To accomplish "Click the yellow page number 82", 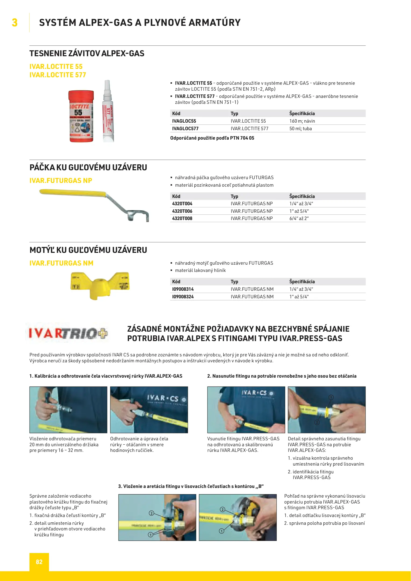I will pyautogui.click(x=39, y=562).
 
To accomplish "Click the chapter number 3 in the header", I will pyautogui.click(x=15, y=23).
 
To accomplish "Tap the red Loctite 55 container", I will pyautogui.click(x=81, y=116).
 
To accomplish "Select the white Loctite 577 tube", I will pyautogui.click(x=108, y=111).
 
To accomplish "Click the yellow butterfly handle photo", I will pyautogui.click(x=100, y=285).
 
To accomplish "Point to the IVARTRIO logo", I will pyautogui.click(x=68, y=334).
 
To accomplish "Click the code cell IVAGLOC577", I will pyautogui.click(x=185, y=129).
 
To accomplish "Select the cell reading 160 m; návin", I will pyautogui.click(x=302, y=121).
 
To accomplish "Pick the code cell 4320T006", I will pyautogui.click(x=182, y=211).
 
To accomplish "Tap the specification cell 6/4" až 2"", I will pyautogui.click(x=299, y=218).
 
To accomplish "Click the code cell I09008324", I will pyautogui.click(x=183, y=297).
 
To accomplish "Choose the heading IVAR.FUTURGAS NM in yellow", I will pyautogui.click(x=61, y=263).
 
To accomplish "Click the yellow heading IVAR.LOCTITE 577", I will pyautogui.click(x=58, y=75).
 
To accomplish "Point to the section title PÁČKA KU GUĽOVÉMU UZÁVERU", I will pyautogui.click(x=88, y=167).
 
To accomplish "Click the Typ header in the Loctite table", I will pyautogui.click(x=234, y=114).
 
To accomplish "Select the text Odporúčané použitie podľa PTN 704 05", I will pyautogui.click(x=212, y=138).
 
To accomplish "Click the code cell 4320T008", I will pyautogui.click(x=182, y=218).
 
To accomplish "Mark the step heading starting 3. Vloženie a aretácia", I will pyautogui.click(x=191, y=486).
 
